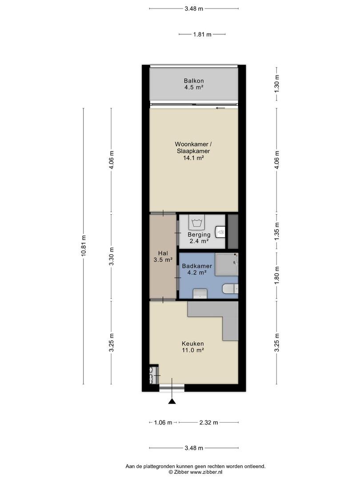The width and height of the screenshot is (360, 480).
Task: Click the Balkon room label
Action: (194, 81)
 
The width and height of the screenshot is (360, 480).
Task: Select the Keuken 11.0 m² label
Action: (193, 347)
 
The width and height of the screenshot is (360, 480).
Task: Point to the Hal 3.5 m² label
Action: (163, 256)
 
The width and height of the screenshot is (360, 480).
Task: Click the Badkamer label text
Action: (197, 266)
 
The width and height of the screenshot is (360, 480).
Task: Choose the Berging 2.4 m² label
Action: (199, 238)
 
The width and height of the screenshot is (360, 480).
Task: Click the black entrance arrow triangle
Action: (172, 401)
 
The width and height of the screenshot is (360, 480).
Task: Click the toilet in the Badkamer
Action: (231, 288)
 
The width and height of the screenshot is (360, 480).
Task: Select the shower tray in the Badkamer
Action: (227, 264)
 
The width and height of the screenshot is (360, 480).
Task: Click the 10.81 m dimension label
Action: (84, 245)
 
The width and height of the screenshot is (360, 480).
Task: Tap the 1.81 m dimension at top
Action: (202, 34)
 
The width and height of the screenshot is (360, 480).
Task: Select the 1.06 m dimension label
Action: (163, 423)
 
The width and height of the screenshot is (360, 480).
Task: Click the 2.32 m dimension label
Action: (208, 423)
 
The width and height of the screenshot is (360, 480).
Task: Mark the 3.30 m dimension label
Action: (112, 256)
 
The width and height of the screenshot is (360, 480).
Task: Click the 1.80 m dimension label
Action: (277, 275)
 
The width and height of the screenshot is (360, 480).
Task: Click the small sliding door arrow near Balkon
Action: (220, 108)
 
